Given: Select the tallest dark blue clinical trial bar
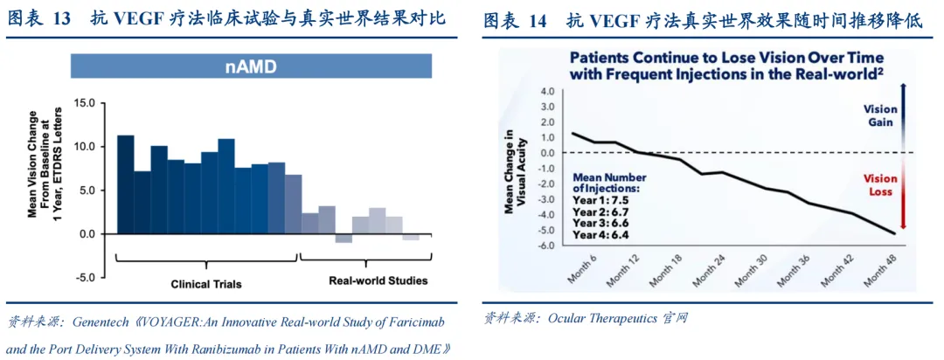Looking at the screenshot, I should (126, 184).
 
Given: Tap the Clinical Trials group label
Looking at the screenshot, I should (206, 284).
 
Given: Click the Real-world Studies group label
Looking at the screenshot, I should (378, 280).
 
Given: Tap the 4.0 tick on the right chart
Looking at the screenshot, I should (548, 91).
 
